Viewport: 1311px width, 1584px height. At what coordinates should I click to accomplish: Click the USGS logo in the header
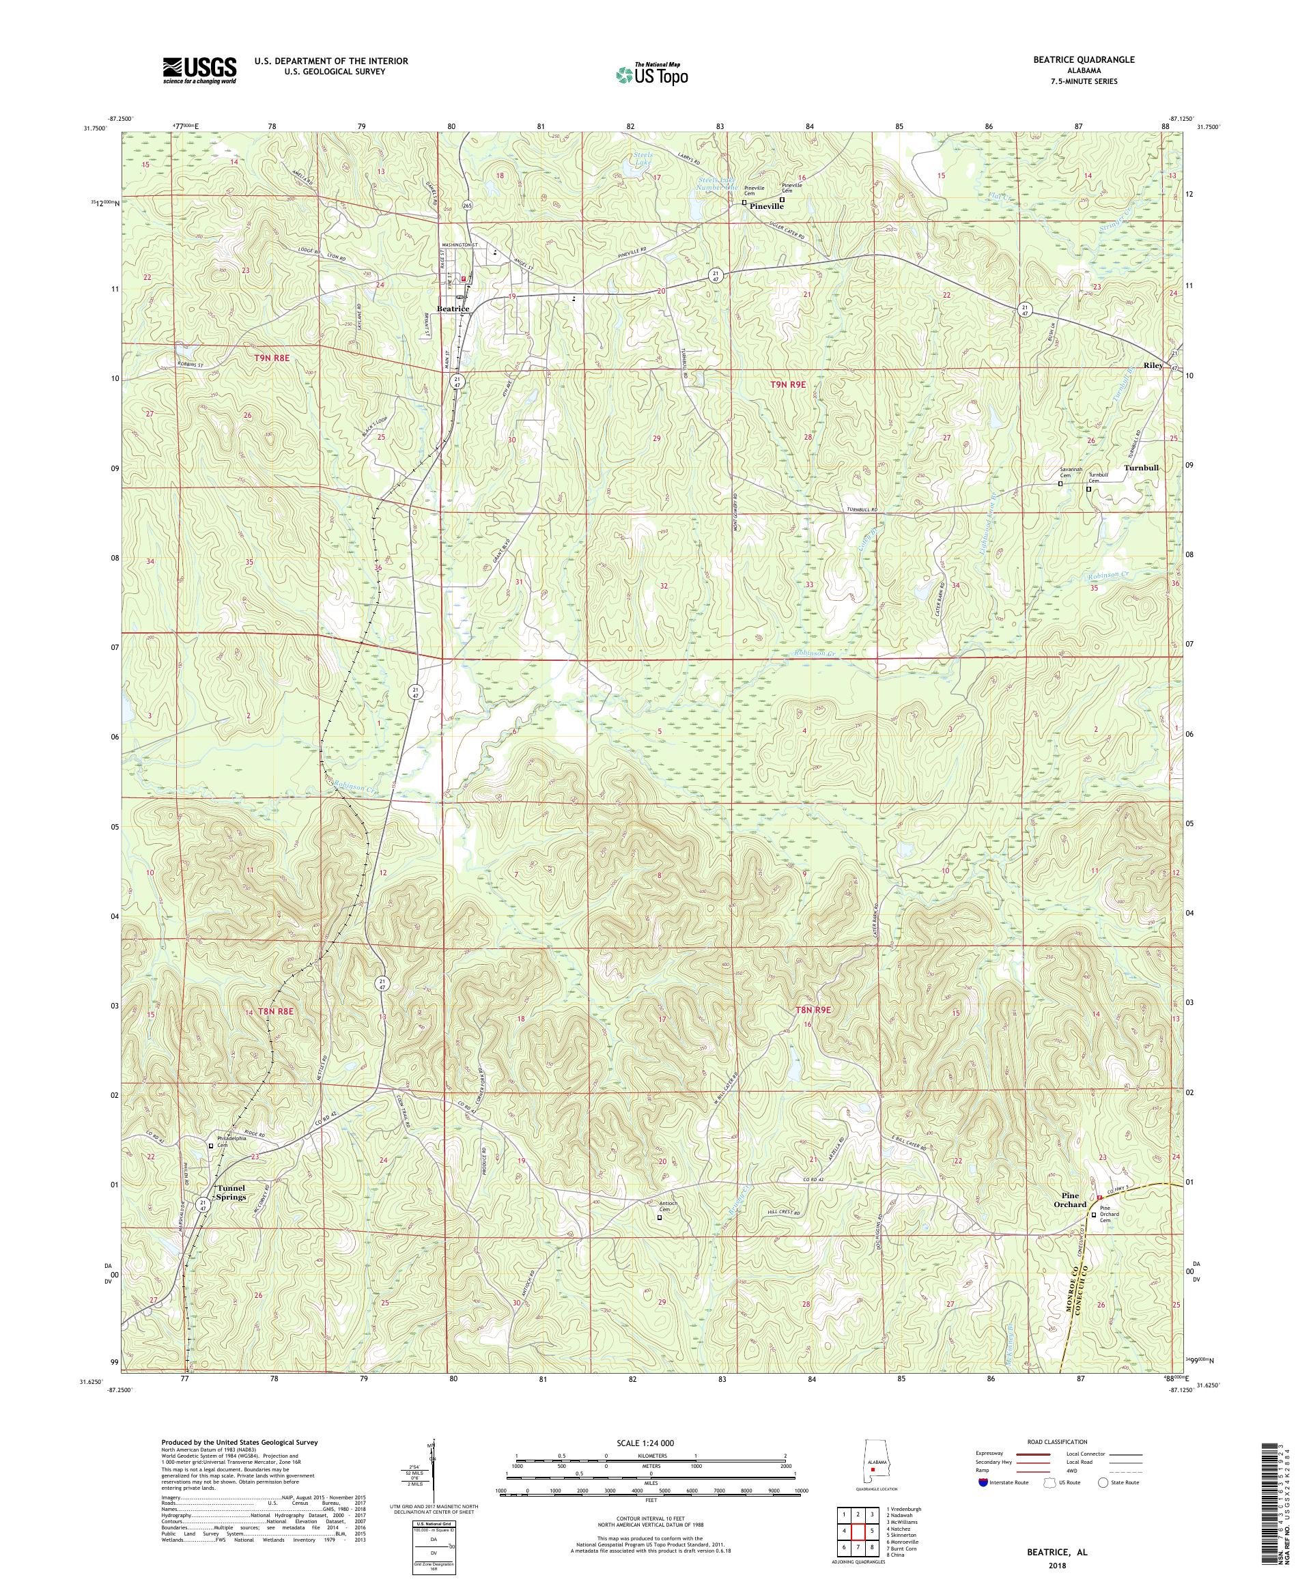point(200,70)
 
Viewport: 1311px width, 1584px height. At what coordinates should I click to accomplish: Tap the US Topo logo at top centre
point(653,74)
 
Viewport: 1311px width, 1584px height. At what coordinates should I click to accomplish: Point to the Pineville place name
point(766,205)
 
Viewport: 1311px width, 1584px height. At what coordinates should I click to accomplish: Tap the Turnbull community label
point(1140,467)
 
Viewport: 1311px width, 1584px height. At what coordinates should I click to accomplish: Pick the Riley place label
point(1153,365)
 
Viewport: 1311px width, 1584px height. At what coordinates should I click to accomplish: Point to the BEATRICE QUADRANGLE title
point(1086,59)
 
